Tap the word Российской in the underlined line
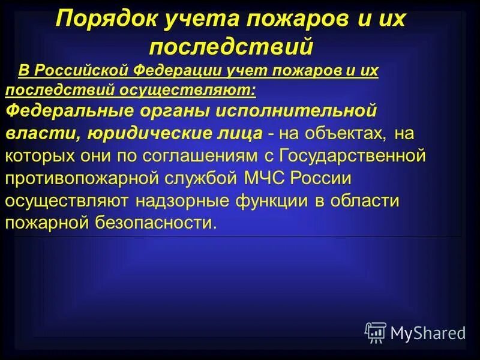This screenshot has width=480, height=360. [79, 71]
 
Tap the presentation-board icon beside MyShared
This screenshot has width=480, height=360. [376, 332]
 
